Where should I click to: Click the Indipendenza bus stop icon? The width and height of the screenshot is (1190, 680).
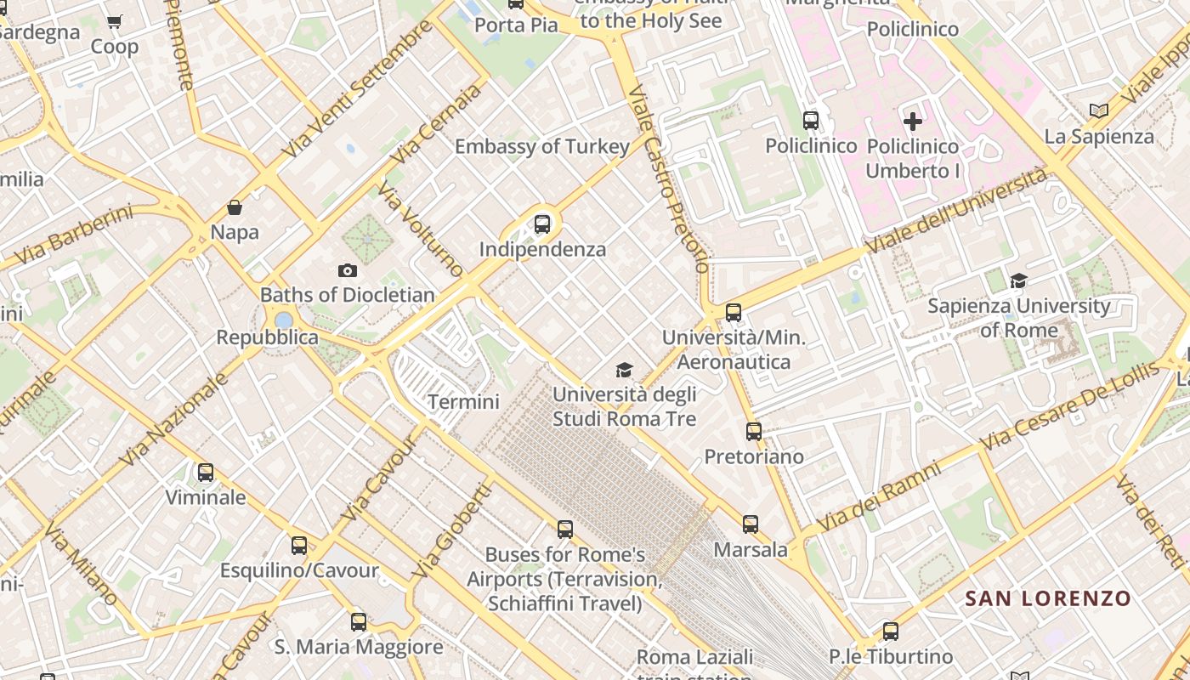[542, 224]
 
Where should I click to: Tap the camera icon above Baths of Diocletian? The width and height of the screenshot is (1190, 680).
[347, 270]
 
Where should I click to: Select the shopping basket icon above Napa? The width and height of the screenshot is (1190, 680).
[235, 207]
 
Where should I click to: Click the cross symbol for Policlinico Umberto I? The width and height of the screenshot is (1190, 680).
[913, 122]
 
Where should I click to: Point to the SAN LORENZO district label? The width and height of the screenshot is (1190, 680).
[1048, 598]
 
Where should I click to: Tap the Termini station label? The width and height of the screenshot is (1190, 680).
[463, 401]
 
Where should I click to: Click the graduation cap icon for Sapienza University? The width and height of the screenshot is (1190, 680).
[1018, 280]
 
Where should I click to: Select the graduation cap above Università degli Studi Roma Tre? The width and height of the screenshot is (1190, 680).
[625, 370]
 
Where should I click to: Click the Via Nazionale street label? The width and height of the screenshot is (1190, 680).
[173, 419]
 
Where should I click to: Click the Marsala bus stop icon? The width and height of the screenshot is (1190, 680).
[750, 524]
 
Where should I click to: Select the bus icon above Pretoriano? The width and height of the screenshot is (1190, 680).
[754, 432]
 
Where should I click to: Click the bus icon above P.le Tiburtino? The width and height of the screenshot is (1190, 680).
[890, 632]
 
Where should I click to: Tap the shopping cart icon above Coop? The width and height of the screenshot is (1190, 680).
[115, 22]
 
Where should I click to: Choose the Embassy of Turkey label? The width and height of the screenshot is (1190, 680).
[542, 146]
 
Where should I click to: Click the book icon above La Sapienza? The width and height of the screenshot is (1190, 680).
[1099, 110]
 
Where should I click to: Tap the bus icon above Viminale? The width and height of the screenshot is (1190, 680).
[206, 473]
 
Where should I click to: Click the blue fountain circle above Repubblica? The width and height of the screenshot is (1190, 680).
[283, 320]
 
